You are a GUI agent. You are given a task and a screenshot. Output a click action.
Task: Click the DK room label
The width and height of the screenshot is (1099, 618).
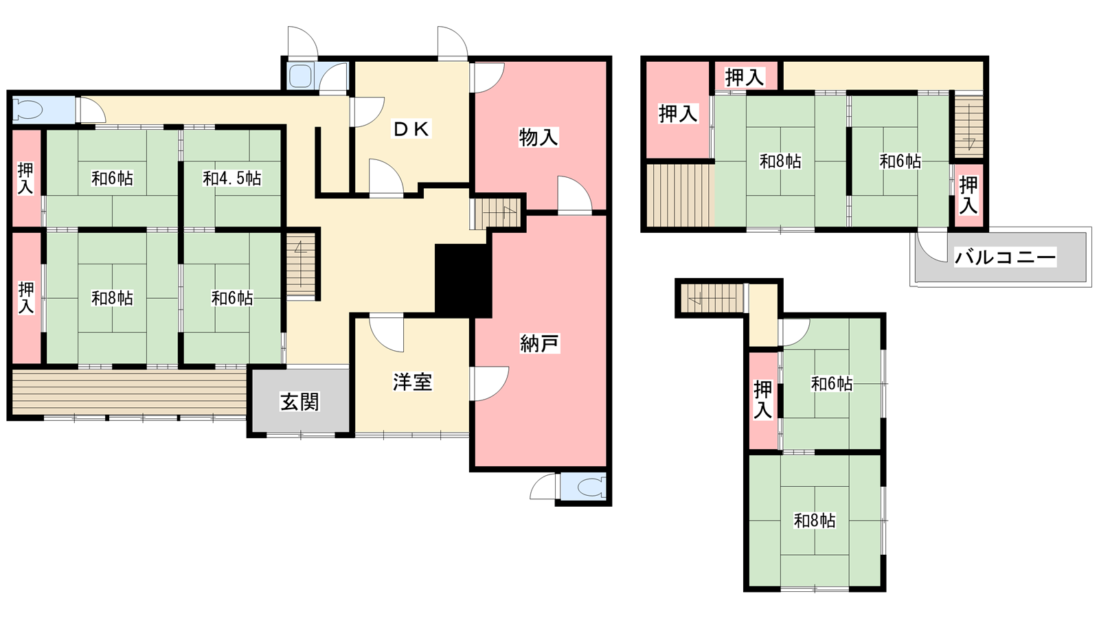(x=411, y=130)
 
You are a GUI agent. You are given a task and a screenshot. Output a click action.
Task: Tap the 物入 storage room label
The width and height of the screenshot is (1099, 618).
(x=539, y=137)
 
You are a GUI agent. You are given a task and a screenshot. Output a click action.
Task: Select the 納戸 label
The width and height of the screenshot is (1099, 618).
(x=539, y=344)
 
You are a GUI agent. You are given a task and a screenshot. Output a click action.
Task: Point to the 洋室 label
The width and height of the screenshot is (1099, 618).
(x=412, y=382)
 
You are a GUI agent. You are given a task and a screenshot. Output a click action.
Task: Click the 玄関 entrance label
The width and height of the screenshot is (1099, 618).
(x=299, y=402)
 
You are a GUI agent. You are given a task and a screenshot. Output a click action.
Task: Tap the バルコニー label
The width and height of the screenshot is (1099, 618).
(x=1005, y=257)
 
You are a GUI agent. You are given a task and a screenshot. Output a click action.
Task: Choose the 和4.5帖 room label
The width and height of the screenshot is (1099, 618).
(x=232, y=178)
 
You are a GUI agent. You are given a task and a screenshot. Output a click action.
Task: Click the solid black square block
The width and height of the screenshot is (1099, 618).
(x=464, y=281)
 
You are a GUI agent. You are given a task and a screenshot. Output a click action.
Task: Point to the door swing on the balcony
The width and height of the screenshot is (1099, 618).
(x=931, y=247)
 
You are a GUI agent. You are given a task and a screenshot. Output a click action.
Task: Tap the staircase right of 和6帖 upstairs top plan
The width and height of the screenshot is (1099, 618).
(x=968, y=124)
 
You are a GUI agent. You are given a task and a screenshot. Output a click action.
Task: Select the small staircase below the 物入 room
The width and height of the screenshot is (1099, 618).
(x=495, y=214)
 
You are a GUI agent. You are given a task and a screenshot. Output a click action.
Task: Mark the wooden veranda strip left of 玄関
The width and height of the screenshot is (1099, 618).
(x=129, y=391)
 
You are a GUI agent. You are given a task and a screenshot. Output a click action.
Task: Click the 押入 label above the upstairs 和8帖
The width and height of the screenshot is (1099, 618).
(x=745, y=78)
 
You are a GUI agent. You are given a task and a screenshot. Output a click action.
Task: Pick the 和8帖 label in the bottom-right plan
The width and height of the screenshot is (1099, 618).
(x=815, y=520)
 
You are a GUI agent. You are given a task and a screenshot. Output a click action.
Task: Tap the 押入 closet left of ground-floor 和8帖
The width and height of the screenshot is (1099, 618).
(x=27, y=297)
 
